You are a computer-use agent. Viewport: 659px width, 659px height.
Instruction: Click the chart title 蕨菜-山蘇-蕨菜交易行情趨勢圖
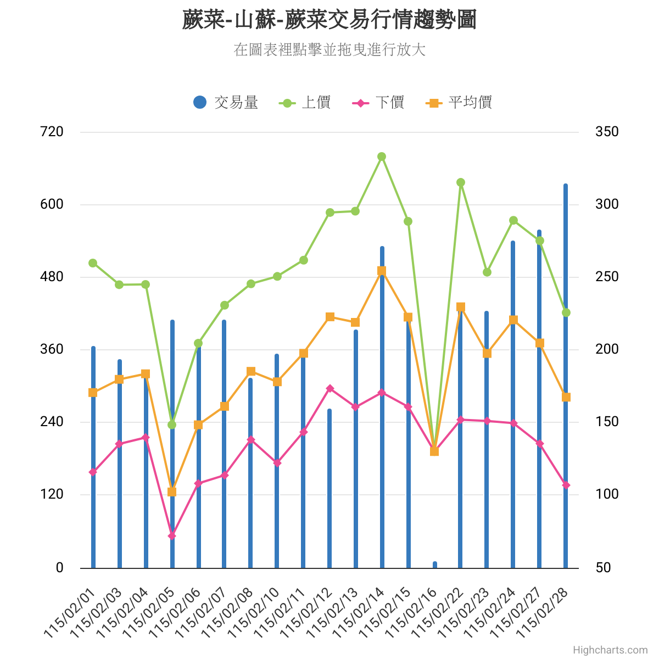(x=329, y=20)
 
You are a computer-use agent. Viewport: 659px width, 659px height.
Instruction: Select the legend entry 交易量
(x=226, y=102)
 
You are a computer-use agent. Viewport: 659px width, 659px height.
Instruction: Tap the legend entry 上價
(x=305, y=102)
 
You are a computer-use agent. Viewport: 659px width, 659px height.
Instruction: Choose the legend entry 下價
(x=378, y=102)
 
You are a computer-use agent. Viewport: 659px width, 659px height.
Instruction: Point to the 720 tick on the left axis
(x=52, y=132)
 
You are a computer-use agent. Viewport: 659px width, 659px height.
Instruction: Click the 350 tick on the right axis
(x=607, y=132)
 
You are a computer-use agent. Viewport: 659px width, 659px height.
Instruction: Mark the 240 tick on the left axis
(x=52, y=422)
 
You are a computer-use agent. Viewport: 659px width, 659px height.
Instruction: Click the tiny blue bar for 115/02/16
(x=435, y=565)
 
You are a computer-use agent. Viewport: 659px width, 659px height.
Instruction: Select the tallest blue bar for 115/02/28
(x=566, y=384)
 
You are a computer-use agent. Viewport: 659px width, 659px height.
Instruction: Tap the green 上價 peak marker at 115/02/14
(x=382, y=157)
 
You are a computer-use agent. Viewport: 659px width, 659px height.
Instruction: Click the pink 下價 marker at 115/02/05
(x=172, y=535)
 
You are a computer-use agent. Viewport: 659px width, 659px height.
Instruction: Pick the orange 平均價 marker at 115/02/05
(x=172, y=492)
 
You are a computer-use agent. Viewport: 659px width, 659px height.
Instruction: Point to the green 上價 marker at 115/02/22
(x=461, y=182)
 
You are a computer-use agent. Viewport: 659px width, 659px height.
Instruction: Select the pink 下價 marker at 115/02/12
(x=330, y=389)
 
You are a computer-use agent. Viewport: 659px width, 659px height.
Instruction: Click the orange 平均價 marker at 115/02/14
(x=382, y=271)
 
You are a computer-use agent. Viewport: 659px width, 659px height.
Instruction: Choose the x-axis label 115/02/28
(x=544, y=612)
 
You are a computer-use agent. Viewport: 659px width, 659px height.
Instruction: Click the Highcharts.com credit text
(x=610, y=650)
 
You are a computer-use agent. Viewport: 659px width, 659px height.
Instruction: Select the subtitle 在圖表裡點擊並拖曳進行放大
(x=329, y=50)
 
